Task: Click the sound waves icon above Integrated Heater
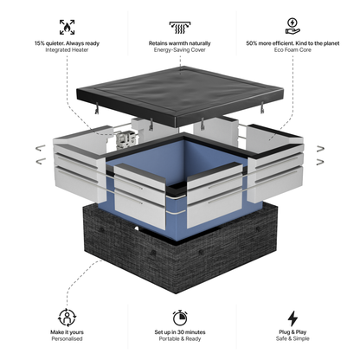click(67, 26)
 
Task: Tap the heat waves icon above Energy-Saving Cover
click(181, 26)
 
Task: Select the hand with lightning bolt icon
click(292, 26)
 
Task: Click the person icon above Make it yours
click(67, 317)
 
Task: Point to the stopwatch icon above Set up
click(181, 317)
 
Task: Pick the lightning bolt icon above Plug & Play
click(292, 317)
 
